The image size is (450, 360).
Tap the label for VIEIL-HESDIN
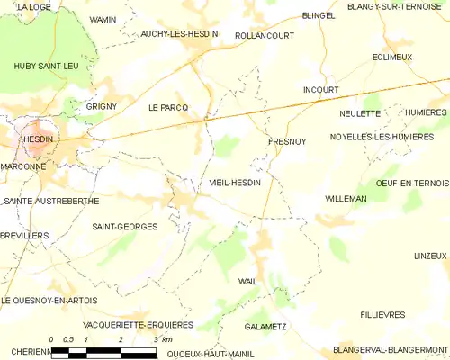pyautogui.click(x=235, y=183)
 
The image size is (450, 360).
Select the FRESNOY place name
pyautogui.click(x=287, y=142)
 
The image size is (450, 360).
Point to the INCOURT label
pyautogui.click(x=321, y=90)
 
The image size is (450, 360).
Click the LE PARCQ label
pyautogui.click(x=168, y=107)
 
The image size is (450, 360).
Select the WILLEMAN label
pyautogui.click(x=346, y=197)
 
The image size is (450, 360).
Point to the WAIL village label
pyautogui.click(x=247, y=282)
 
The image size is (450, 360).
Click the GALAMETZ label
pyautogui.click(x=265, y=327)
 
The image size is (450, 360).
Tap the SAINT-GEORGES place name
pyautogui.click(x=125, y=227)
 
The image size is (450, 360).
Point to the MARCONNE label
pyautogui.click(x=26, y=166)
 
